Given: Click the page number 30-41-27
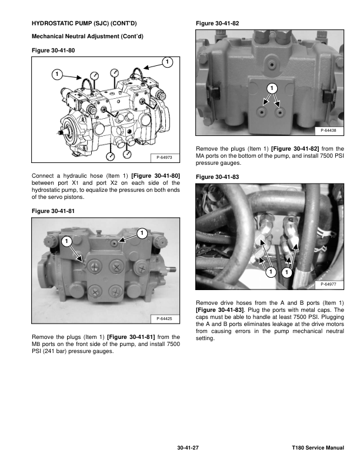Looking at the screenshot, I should pyautogui.click(x=188, y=449).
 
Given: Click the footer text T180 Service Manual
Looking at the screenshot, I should pyautogui.click(x=318, y=449).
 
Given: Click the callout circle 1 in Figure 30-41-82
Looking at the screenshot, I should pyautogui.click(x=272, y=88).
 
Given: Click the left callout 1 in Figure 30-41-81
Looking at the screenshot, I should pyautogui.click(x=66, y=241).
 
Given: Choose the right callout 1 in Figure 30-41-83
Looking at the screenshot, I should pyautogui.click(x=286, y=272).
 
